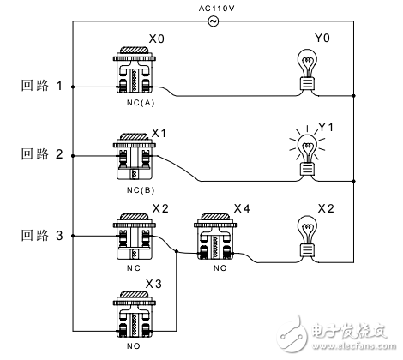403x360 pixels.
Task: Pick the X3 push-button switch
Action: coord(133,317)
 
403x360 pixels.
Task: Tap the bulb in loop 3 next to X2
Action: coord(307,235)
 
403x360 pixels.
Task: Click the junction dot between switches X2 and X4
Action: coord(177,252)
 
